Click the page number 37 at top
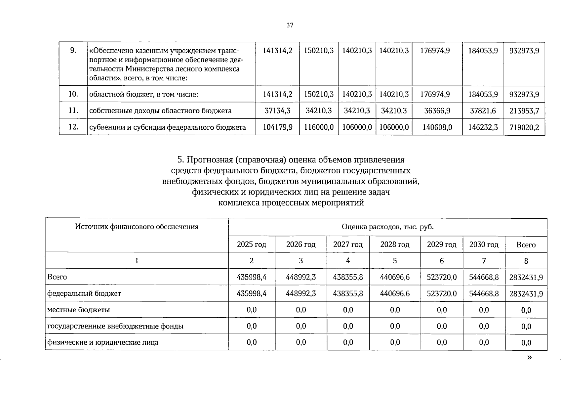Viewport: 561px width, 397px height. click(x=290, y=25)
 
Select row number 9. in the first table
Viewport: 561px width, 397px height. click(x=73, y=51)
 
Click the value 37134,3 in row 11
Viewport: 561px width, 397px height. click(x=277, y=111)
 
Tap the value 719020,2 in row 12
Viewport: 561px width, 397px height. click(x=524, y=127)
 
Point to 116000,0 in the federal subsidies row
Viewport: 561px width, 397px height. click(x=319, y=127)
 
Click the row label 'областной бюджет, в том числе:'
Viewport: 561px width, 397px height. click(x=143, y=95)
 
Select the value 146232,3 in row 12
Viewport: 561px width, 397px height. click(x=483, y=127)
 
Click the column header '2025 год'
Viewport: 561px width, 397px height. click(x=252, y=244)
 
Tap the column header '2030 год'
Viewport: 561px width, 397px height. click(x=484, y=244)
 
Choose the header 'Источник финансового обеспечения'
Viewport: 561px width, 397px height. click(x=137, y=227)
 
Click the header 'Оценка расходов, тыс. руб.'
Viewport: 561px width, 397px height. click(x=387, y=227)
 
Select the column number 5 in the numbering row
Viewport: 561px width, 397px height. click(x=395, y=261)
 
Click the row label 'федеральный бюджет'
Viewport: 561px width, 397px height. click(x=84, y=293)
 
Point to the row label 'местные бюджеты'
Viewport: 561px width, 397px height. click(x=79, y=310)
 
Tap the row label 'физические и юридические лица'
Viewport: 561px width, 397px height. click(x=103, y=342)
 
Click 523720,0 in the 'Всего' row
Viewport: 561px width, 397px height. click(x=442, y=277)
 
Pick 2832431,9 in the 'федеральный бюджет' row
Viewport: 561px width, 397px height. click(x=526, y=294)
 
